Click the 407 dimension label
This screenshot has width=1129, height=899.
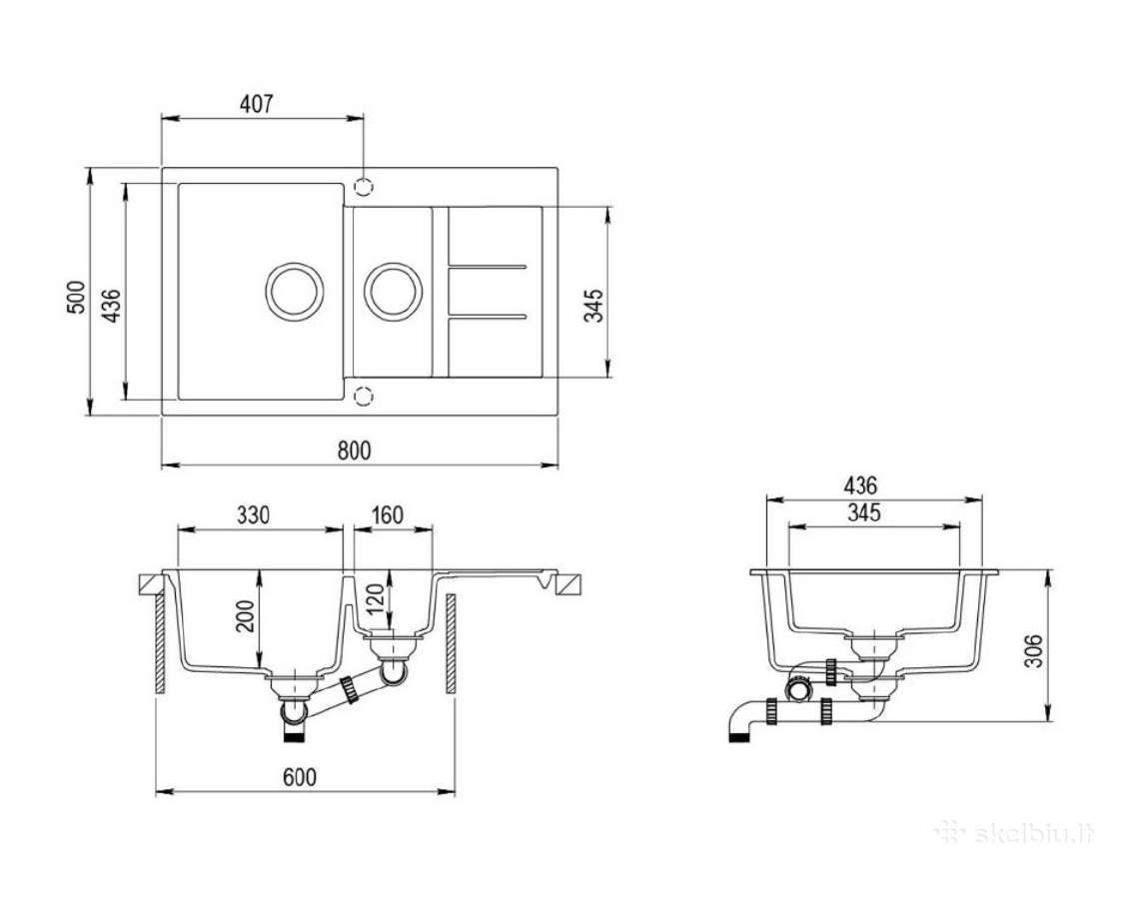(257, 104)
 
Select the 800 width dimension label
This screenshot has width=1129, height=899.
(355, 450)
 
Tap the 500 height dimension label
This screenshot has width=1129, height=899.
(76, 297)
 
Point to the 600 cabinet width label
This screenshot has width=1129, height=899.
(299, 777)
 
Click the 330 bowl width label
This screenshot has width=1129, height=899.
(253, 515)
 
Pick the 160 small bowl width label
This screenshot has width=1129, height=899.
(388, 515)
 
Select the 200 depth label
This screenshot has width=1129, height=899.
(246, 615)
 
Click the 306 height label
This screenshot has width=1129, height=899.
(1033, 650)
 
